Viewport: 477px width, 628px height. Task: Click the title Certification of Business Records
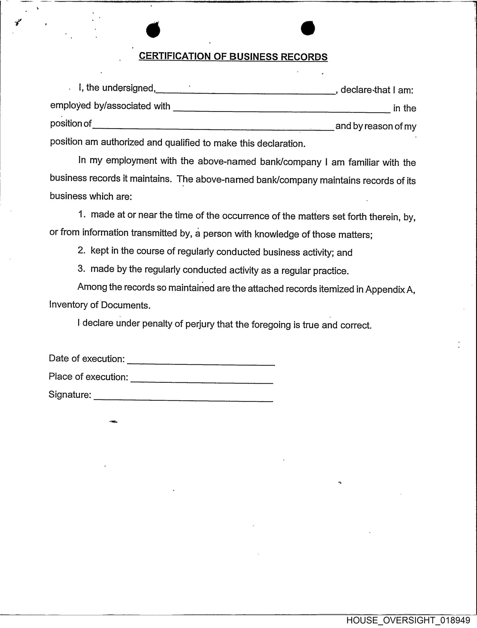pos(233,57)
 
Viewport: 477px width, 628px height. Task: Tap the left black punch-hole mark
pos(153,30)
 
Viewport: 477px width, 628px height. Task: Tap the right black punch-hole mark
pos(308,28)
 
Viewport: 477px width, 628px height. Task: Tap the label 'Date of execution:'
pos(87,359)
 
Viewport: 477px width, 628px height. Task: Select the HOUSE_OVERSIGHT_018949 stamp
pos(408,620)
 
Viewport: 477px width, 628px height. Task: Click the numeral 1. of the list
pos(82,215)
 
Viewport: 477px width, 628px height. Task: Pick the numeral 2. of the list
pos(82,251)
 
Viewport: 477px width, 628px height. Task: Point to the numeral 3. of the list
pos(82,269)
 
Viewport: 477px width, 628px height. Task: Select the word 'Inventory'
pos(68,305)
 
